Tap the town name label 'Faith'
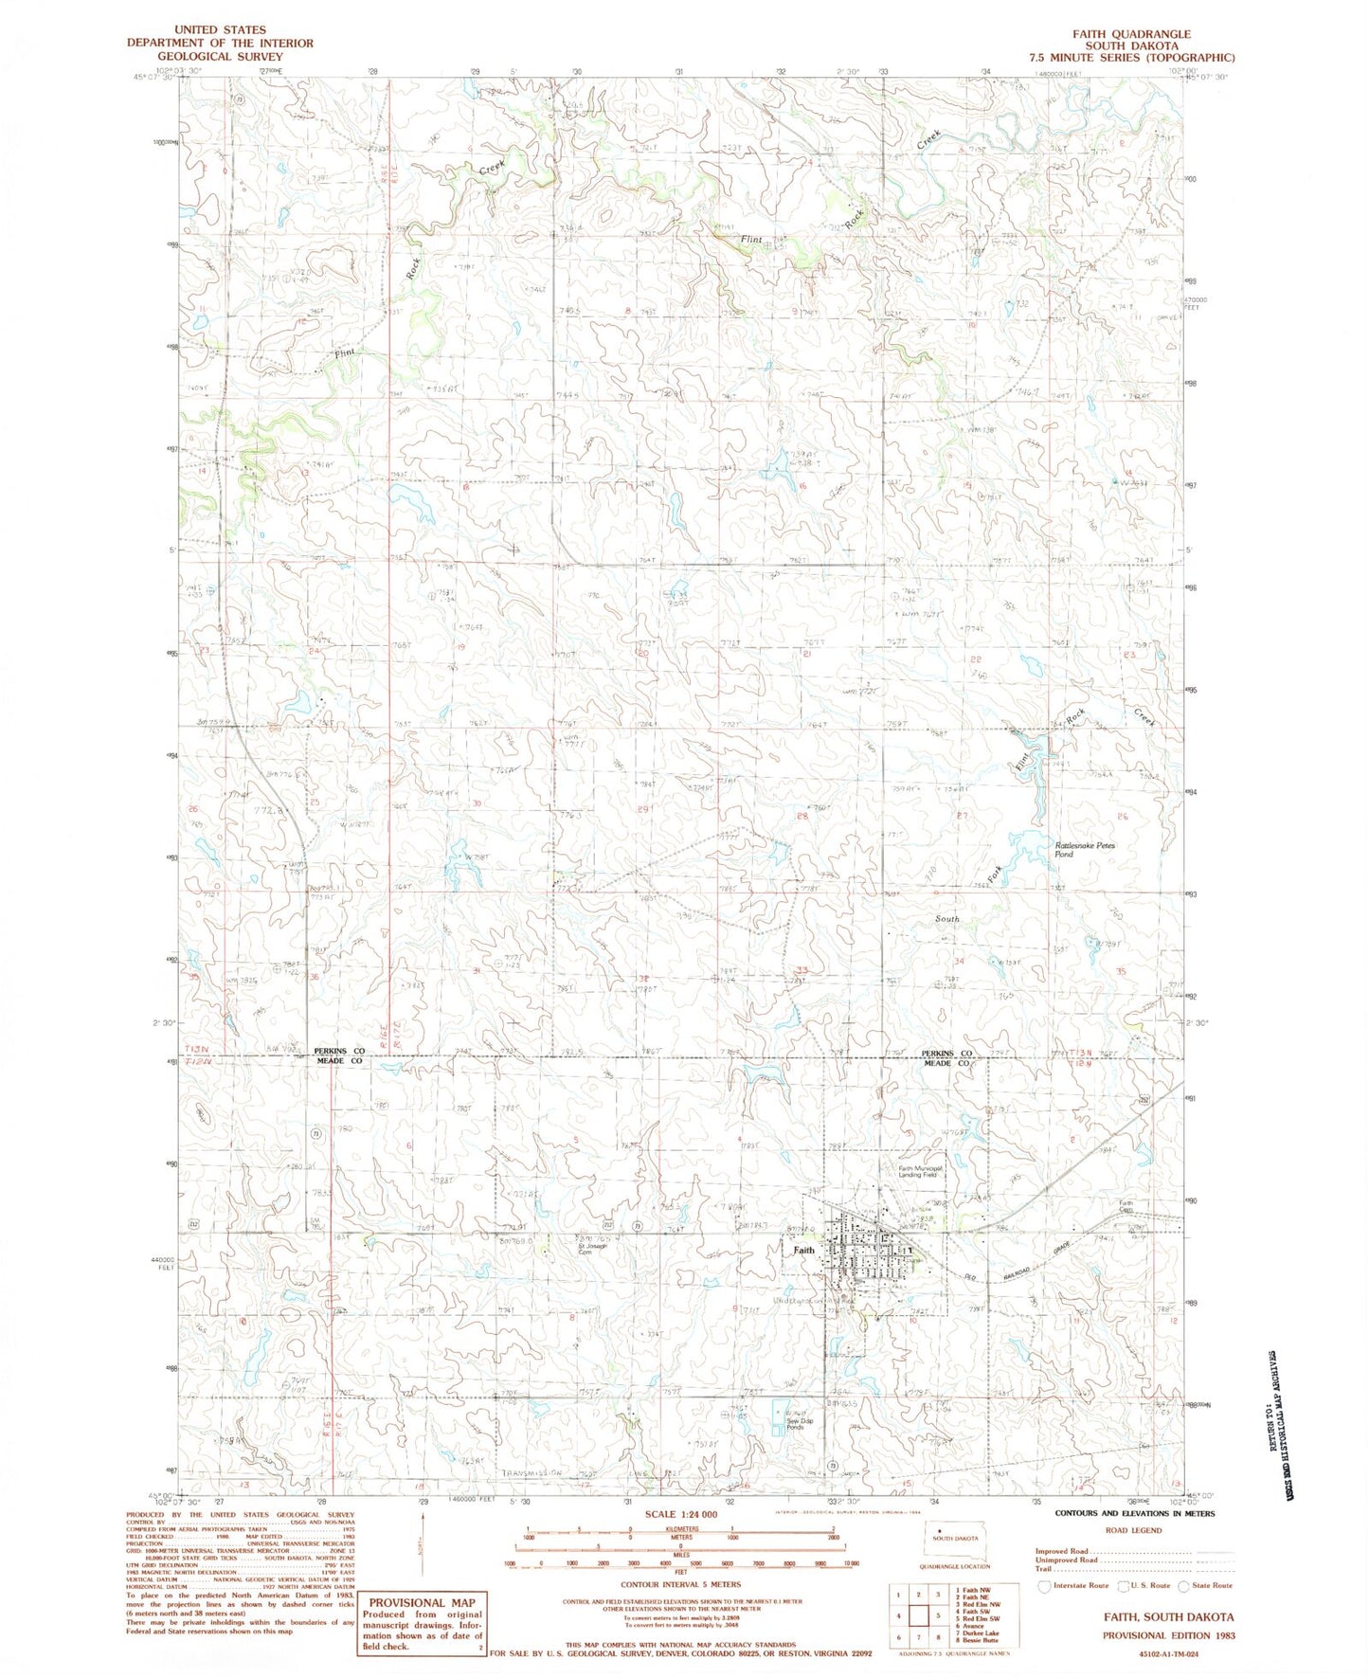[803, 1250]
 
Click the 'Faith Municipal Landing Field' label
[922, 1171]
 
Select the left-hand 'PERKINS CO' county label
[338, 1052]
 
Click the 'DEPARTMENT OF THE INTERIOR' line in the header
[220, 44]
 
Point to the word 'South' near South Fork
[946, 918]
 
